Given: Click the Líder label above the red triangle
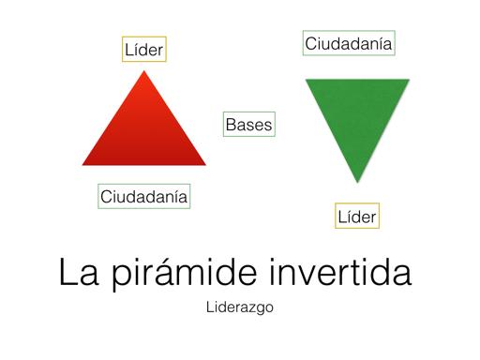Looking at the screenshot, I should [x=144, y=49].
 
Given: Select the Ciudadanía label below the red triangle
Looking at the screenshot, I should [x=144, y=196].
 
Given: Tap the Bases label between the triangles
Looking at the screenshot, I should [x=248, y=124].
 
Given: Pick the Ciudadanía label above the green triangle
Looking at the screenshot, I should [x=348, y=43].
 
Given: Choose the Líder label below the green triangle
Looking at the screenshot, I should [x=356, y=217].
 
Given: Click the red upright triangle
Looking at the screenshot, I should [x=144, y=127].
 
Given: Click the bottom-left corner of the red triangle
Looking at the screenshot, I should [x=83, y=165].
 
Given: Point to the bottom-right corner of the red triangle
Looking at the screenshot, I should [x=206, y=165].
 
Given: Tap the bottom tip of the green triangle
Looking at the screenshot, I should [x=356, y=182].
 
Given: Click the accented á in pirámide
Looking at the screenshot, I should [x=179, y=273].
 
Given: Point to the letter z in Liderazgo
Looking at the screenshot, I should [x=254, y=307].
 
